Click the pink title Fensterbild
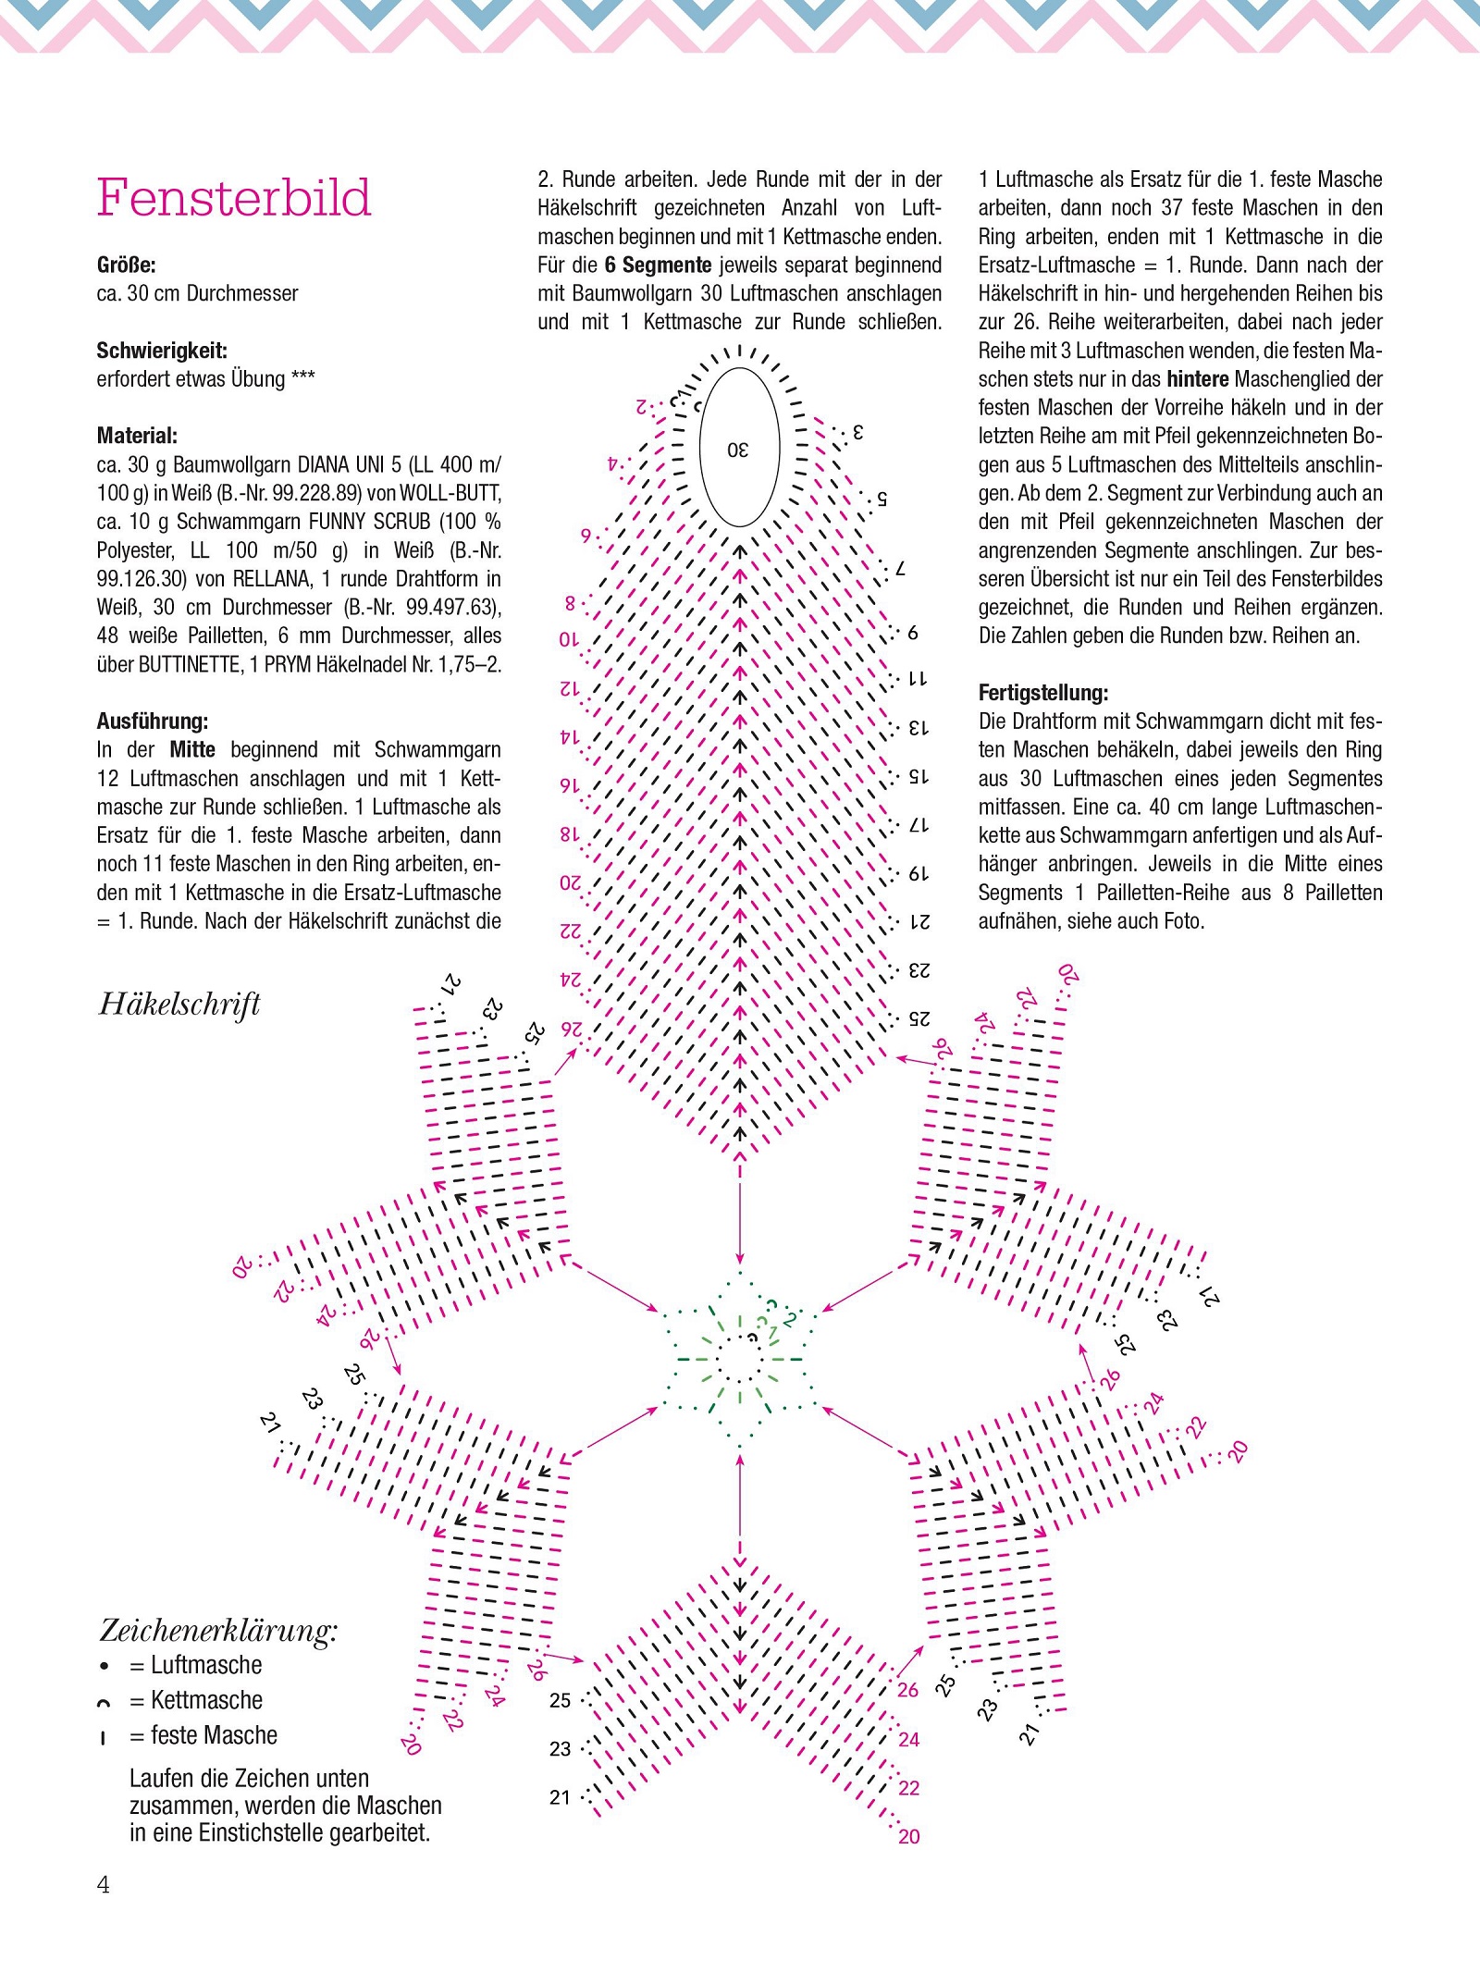234,198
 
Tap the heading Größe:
127,265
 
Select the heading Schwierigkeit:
162,351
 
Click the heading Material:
137,436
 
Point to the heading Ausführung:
153,721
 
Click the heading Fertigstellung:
1043,693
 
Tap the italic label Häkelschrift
179,1005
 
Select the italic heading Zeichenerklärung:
218,1630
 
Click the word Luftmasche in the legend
206,1666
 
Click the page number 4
104,1885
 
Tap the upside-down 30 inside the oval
738,450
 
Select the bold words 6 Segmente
658,265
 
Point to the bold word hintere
1198,379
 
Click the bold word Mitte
192,750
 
